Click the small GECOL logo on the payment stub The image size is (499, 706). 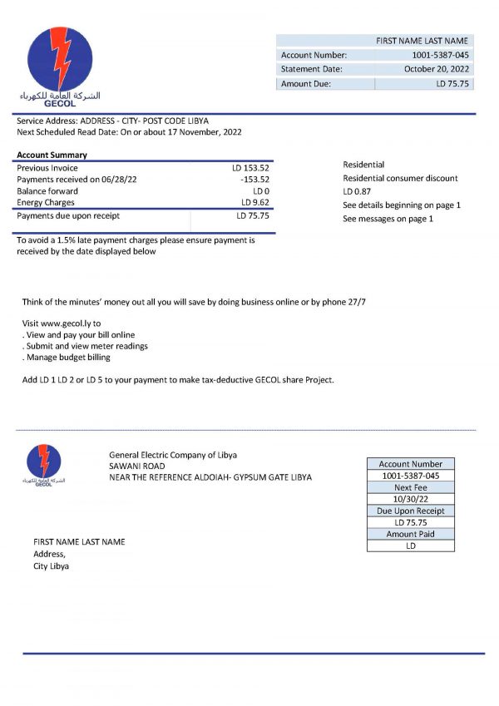pos(43,464)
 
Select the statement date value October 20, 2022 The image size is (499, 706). pos(437,69)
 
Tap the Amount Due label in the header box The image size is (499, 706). pos(306,83)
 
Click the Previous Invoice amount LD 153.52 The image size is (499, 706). pos(250,168)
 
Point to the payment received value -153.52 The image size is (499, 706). pos(254,179)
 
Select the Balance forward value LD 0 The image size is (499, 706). pos(260,190)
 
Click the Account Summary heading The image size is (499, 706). pos(52,156)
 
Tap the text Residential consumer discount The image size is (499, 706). pos(400,178)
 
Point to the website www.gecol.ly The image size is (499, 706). pos(68,323)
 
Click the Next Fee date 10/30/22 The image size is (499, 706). pos(410,499)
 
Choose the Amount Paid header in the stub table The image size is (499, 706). pos(410,534)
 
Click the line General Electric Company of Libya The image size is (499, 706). pos(173,455)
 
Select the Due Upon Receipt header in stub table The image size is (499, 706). pos(410,511)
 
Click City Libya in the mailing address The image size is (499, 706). pos(51,565)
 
